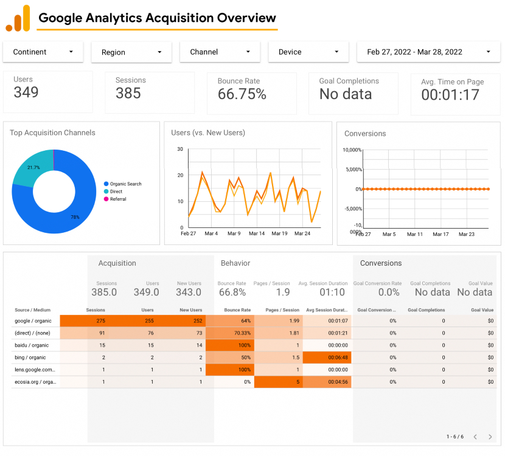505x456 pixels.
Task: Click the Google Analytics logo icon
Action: point(18,18)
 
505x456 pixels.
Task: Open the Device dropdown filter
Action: point(308,52)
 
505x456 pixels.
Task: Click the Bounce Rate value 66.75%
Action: point(242,94)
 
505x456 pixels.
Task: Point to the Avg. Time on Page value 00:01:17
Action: point(450,95)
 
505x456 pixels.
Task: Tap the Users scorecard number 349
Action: point(26,92)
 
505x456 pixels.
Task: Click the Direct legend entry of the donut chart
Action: point(116,192)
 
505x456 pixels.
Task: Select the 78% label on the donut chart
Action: point(75,217)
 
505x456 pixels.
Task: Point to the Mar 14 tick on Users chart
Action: point(257,233)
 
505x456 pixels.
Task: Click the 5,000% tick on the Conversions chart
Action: point(352,170)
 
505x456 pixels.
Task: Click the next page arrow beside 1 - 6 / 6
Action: point(490,437)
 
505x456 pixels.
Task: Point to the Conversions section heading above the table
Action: point(381,263)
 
